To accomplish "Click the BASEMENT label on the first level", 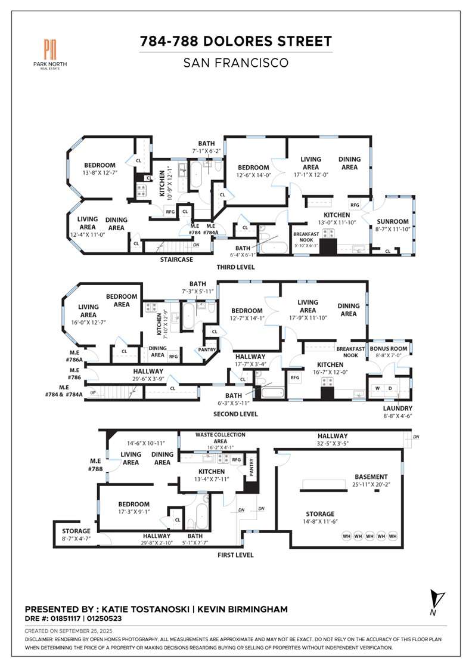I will point(371,477).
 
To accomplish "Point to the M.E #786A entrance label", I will point(74,356).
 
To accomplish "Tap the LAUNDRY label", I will point(398,408).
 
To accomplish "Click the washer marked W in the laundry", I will point(377,388).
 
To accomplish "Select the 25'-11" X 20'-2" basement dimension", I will point(371,485).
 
